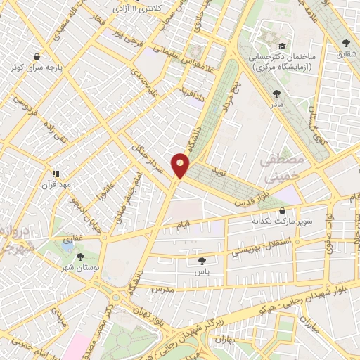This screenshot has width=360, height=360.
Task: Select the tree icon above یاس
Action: pos(203,259)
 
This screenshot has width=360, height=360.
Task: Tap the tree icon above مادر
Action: pos(275,91)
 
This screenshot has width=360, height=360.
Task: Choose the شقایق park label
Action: pos(346,53)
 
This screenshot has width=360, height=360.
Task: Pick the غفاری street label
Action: pos(73,240)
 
